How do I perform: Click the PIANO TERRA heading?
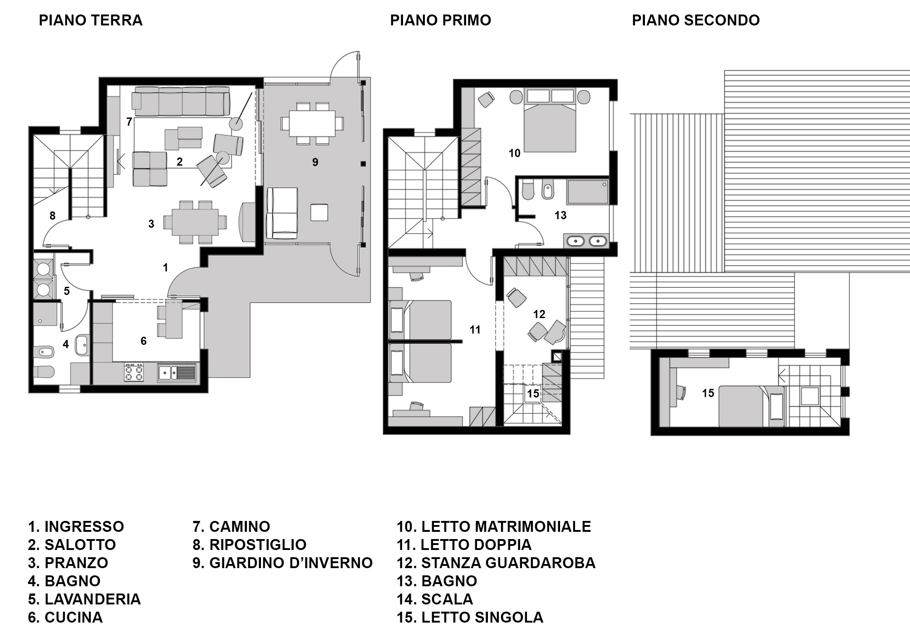coord(91,20)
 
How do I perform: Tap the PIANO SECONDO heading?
coord(695,20)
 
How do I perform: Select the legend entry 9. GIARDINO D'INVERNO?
coord(282,563)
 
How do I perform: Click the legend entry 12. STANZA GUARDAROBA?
coord(496,563)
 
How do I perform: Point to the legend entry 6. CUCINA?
coord(65,617)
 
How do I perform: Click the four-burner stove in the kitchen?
coord(133,372)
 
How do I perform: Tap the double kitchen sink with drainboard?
coord(177,372)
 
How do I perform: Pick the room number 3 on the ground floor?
coord(151,224)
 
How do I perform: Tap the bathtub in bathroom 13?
coord(587,191)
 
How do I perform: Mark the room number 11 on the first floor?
coord(475,330)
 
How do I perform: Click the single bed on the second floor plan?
coord(751,406)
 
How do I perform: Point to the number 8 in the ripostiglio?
coord(52,216)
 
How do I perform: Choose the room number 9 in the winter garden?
coord(315,162)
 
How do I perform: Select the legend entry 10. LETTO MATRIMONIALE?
coord(494,526)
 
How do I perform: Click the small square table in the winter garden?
coord(319,212)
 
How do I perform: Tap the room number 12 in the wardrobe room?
coord(539,314)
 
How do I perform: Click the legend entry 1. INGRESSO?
coord(76,526)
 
